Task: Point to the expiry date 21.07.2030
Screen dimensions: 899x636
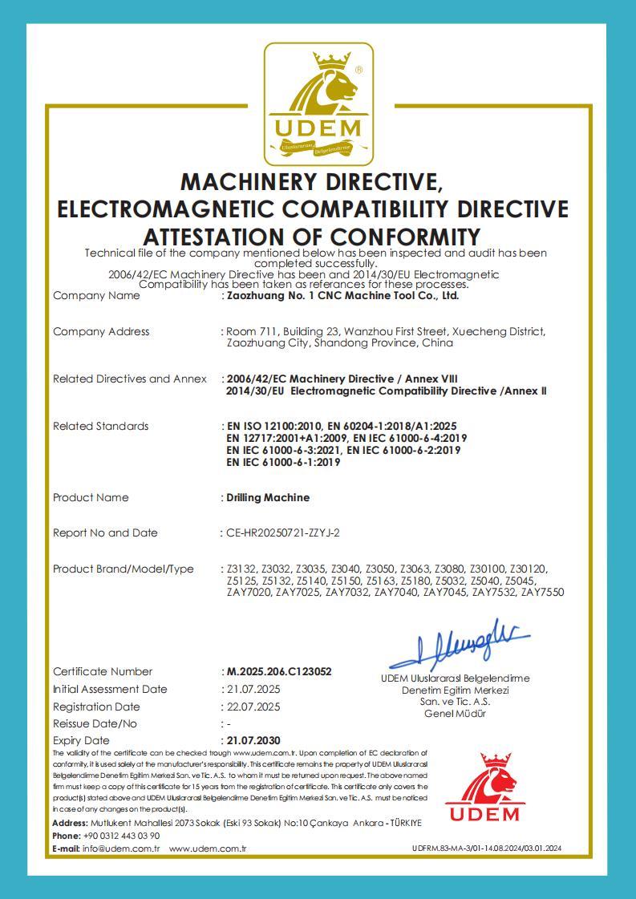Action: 253,740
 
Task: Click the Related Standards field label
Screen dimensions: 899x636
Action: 100,427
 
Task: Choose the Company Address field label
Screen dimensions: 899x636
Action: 101,332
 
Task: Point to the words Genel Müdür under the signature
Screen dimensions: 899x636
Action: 455,714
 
